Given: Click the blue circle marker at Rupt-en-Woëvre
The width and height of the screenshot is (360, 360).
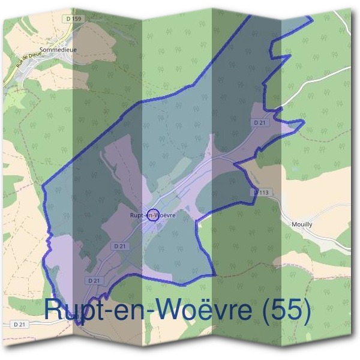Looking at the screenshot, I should coord(153,215).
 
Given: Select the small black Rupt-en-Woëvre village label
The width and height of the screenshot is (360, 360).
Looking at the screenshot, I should coord(152,215).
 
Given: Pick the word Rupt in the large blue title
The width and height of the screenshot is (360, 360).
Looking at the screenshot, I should coord(73,310).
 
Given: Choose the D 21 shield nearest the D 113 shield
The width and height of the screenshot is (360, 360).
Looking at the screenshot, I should coord(259,123).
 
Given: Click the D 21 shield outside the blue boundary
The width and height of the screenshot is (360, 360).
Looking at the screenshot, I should coord(20,325).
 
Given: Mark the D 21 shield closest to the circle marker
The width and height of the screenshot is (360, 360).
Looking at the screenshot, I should coord(118,246).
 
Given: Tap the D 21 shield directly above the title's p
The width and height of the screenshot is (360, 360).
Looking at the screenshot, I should coord(94,280).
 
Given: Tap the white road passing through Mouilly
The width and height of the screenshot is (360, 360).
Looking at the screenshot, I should coord(324,237).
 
